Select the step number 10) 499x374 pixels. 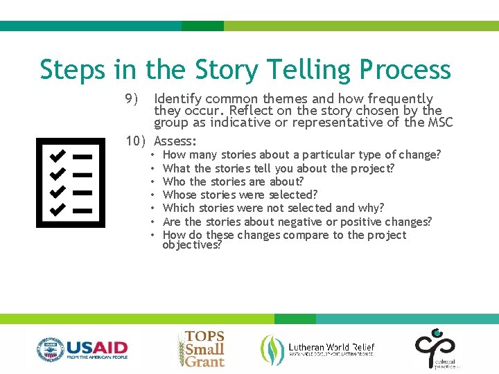(x=137, y=141)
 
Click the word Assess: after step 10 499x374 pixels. (x=176, y=141)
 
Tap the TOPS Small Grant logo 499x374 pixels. (x=202, y=348)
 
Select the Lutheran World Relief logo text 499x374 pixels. (x=331, y=348)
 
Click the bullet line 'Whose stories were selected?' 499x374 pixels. (x=240, y=195)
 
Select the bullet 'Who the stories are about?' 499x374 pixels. (x=233, y=181)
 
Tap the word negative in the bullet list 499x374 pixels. (x=299, y=222)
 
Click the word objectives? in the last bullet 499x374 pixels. (x=192, y=245)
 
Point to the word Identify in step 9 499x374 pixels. (x=175, y=98)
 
